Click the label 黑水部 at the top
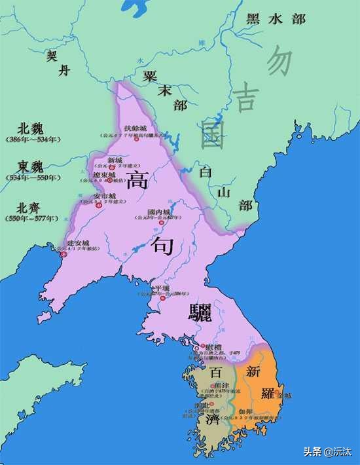coord(276,18)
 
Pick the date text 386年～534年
coord(32,139)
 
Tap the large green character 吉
coord(247,99)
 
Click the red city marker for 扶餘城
coord(136,139)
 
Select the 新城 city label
coord(115,160)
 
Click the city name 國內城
coord(158,212)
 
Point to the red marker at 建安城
coord(63,253)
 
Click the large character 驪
coord(198,312)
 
